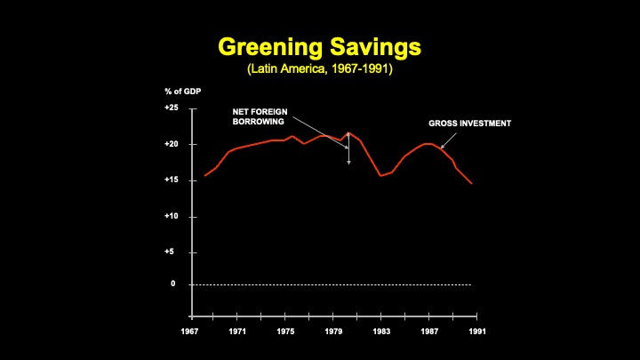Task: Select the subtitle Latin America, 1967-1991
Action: click(x=319, y=68)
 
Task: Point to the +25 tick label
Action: click(x=172, y=108)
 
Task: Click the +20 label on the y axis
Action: click(x=172, y=144)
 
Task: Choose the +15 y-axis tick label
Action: click(x=172, y=180)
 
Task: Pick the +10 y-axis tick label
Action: click(x=172, y=216)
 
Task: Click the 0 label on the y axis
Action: click(x=174, y=284)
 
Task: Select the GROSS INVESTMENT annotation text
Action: click(x=469, y=124)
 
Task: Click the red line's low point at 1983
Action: click(x=381, y=175)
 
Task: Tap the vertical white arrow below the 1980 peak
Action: click(x=348, y=149)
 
